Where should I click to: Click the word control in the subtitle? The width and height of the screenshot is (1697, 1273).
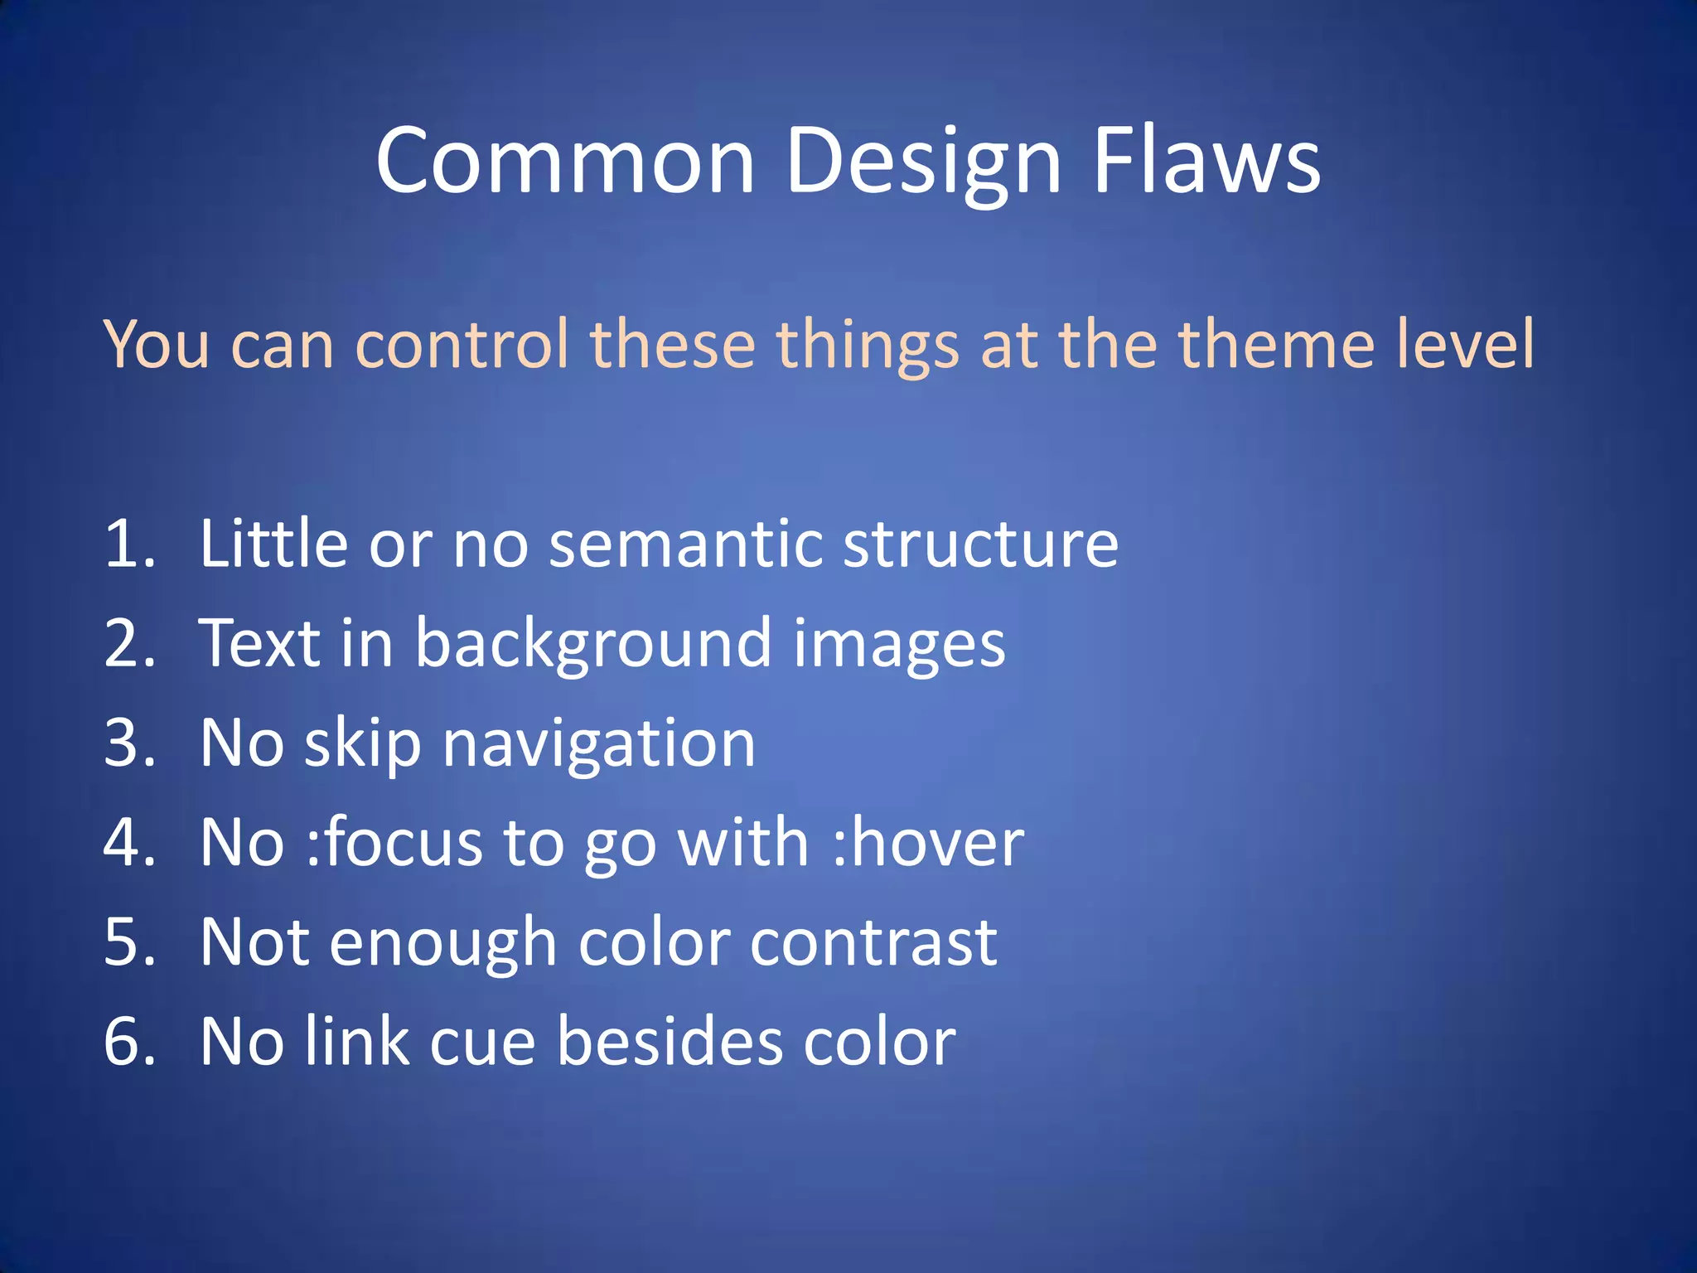(x=462, y=343)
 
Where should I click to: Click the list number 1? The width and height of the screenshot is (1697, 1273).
(x=129, y=544)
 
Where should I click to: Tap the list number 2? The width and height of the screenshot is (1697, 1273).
(x=129, y=643)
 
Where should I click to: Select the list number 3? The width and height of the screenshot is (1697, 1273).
(x=129, y=743)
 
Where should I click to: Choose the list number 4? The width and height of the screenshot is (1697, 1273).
(x=129, y=842)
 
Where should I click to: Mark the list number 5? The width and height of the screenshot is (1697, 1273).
(x=129, y=941)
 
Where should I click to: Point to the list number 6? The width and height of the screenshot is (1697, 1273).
(x=129, y=1041)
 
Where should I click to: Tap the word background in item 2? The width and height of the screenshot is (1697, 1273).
(x=593, y=645)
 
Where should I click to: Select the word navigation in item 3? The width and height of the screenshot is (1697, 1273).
(x=598, y=744)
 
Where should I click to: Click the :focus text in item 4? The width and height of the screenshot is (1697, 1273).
(x=394, y=842)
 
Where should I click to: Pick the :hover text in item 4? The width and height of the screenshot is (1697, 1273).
(x=928, y=842)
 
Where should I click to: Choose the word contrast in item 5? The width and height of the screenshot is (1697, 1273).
(x=873, y=942)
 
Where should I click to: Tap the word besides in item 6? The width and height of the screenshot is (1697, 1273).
(x=670, y=1041)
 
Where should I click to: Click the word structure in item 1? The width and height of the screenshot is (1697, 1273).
(x=980, y=545)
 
